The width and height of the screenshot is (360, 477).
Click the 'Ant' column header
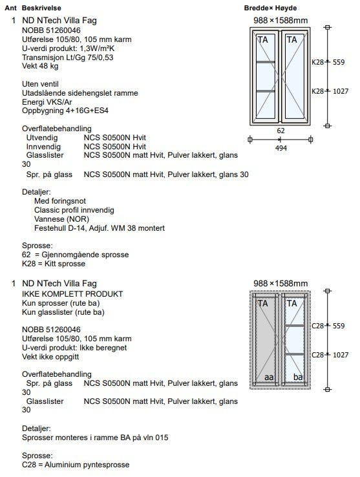coord(10,8)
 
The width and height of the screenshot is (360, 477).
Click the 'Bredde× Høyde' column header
coord(270,8)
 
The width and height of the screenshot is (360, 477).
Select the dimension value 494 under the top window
coord(281,148)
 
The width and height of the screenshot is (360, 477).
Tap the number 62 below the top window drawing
coord(281,131)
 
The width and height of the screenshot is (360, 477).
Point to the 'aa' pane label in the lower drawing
coord(269,377)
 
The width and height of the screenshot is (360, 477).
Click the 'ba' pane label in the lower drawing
coord(298,377)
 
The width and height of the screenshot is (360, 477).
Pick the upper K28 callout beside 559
coord(317,62)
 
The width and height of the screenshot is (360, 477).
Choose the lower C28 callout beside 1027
coord(318,355)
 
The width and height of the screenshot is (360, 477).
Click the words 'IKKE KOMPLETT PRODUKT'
coord(72,294)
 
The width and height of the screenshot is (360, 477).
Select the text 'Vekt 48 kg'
coord(40,66)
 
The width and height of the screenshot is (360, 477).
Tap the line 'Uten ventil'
coord(40,84)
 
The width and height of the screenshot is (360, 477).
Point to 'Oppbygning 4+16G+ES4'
coord(65,111)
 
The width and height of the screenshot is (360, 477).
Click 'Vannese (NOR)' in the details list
coord(62,219)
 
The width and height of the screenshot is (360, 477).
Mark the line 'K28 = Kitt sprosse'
coord(54,264)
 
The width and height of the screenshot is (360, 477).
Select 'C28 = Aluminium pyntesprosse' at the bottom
coord(76,465)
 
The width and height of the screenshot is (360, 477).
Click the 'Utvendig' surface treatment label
coord(42,138)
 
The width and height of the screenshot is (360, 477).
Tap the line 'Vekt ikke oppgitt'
coord(50,357)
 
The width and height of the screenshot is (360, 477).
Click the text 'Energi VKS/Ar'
coord(47,102)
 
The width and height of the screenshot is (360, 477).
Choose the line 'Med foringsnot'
coord(60,201)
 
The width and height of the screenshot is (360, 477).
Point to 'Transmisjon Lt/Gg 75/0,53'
coord(68,57)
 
